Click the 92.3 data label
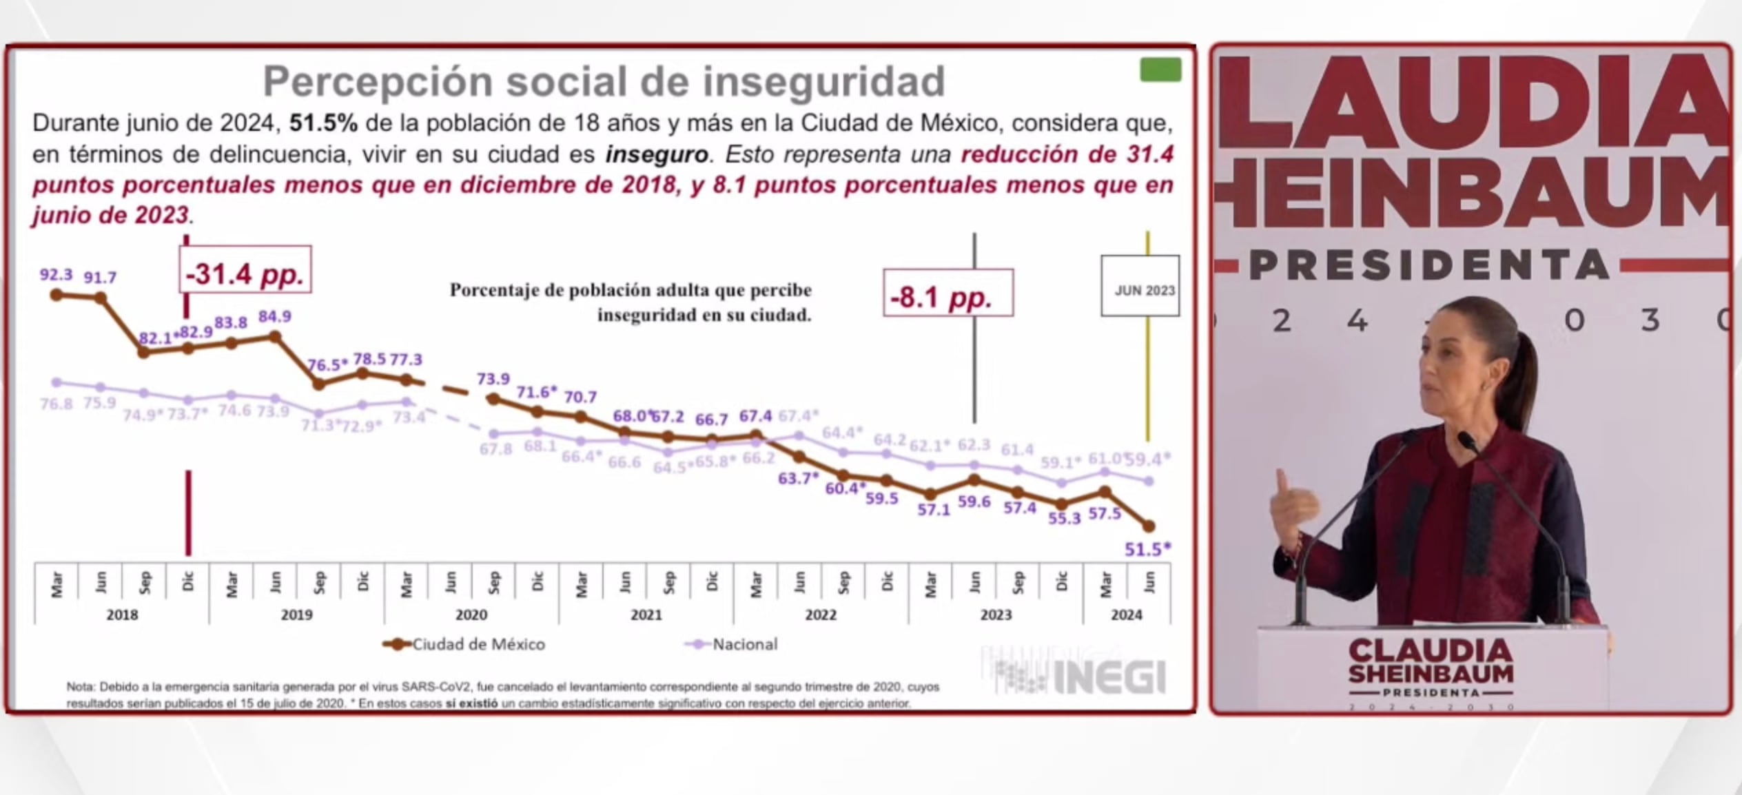(56, 275)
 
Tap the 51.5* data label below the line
(1147, 549)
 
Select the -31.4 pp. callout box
(245, 273)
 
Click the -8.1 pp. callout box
(947, 296)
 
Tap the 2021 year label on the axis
(646, 615)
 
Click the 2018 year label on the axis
(122, 615)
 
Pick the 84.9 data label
(274, 316)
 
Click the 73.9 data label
(493, 379)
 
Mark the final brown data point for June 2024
(1149, 526)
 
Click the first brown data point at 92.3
(57, 295)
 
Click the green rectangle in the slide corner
(1160, 70)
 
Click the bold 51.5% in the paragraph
(323, 123)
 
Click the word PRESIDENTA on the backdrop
(1428, 265)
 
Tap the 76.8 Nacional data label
(56, 404)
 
